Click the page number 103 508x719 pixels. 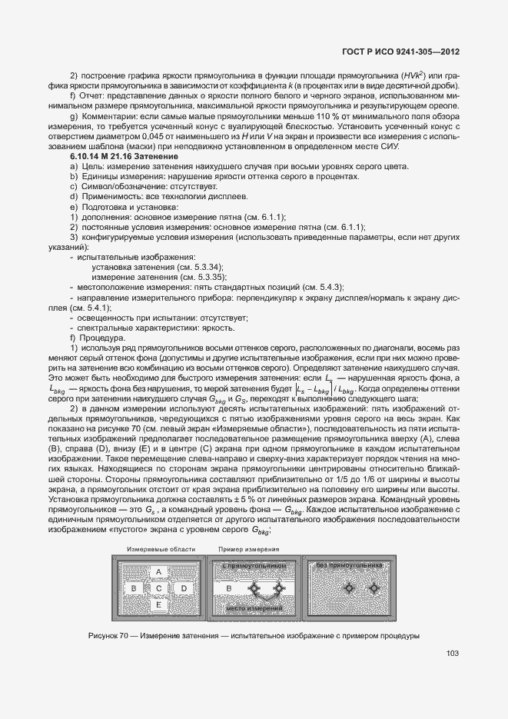coord(452,654)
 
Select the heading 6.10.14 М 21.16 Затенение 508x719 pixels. coord(124,157)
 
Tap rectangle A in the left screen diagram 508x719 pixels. coord(158,572)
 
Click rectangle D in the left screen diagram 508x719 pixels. coord(184,588)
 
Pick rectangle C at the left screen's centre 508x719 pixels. coord(158,588)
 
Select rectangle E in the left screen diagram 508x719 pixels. coord(158,605)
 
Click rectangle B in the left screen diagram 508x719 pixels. coord(133,588)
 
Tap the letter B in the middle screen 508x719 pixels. coord(229,588)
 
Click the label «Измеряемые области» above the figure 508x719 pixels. coord(161,550)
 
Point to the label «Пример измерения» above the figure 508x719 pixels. coord(248,550)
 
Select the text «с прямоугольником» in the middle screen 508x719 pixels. coord(254,566)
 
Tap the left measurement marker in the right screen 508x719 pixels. coord(349,588)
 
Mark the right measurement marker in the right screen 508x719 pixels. coord(374,588)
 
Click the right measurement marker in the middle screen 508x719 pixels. coord(279,588)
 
